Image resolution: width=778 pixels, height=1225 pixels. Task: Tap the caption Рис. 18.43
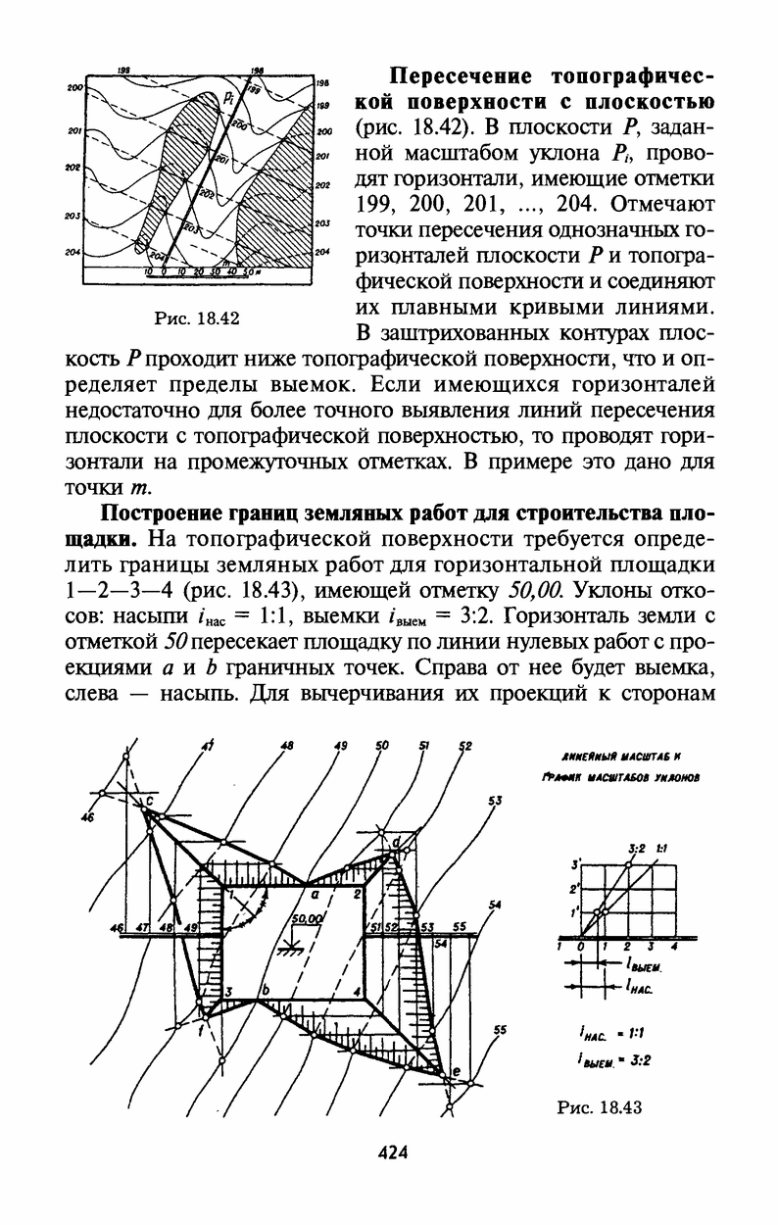coord(599,1107)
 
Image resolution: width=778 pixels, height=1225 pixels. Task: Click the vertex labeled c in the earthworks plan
coord(150,803)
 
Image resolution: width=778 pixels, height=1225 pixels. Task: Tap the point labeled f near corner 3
coord(202,1031)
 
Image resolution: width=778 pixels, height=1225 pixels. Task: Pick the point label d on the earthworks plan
coord(395,842)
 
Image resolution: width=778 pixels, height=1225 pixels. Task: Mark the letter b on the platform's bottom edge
coord(263,991)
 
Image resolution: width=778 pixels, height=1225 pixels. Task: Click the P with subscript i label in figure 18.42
coord(228,97)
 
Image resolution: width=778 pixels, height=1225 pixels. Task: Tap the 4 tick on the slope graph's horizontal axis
coord(674,948)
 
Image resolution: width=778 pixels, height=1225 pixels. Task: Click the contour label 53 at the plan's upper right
coord(495,802)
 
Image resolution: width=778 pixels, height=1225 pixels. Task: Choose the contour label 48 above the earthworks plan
coord(287,746)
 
